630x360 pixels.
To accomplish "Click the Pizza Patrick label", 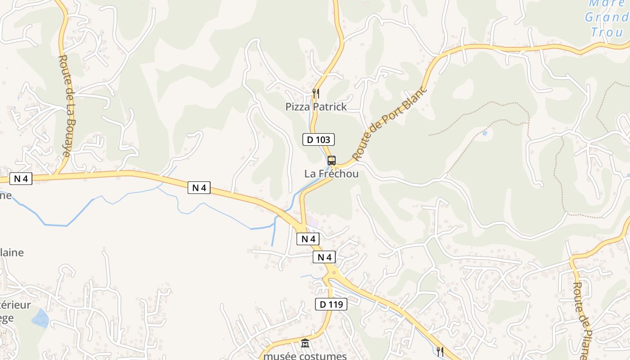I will pyautogui.click(x=316, y=107).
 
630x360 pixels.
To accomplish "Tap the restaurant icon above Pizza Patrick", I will pyautogui.click(x=316, y=94).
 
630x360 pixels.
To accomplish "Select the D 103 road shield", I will pyautogui.click(x=318, y=139).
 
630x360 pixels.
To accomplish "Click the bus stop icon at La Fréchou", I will pyautogui.click(x=332, y=160).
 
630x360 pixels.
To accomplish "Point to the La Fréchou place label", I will pyautogui.click(x=332, y=174).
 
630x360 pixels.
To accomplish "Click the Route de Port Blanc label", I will pyautogui.click(x=389, y=122).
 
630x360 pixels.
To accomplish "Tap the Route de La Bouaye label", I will pyautogui.click(x=65, y=106).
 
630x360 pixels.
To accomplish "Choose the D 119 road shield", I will pyautogui.click(x=331, y=304).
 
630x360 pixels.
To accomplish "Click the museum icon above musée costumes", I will pyautogui.click(x=305, y=343).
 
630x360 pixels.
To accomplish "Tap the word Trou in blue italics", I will pyautogui.click(x=607, y=32).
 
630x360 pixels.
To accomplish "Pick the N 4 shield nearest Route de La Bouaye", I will pyautogui.click(x=21, y=179).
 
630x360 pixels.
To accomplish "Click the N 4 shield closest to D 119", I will pyautogui.click(x=324, y=257).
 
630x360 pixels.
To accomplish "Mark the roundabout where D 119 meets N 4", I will pyautogui.click(x=333, y=271).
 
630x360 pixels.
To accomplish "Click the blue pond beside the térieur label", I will pyautogui.click(x=40, y=318).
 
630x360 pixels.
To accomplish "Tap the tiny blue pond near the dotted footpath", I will pyautogui.click(x=484, y=133).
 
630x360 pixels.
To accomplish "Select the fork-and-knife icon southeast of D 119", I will pyautogui.click(x=440, y=351).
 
